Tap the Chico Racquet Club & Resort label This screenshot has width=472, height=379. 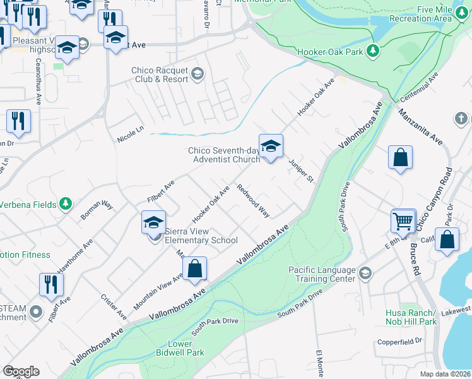click(x=160, y=75)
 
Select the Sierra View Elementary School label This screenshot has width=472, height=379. click(x=201, y=236)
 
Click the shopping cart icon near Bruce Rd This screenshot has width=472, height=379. click(x=404, y=222)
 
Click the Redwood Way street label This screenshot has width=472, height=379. click(x=253, y=201)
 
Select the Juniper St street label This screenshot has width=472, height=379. click(x=301, y=169)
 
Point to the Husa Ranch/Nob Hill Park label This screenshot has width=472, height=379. click(x=410, y=317)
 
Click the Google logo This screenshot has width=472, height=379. click(x=21, y=371)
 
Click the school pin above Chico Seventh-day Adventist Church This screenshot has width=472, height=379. click(x=271, y=147)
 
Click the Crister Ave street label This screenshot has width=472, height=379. click(x=114, y=306)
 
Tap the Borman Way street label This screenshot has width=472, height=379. click(x=97, y=211)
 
